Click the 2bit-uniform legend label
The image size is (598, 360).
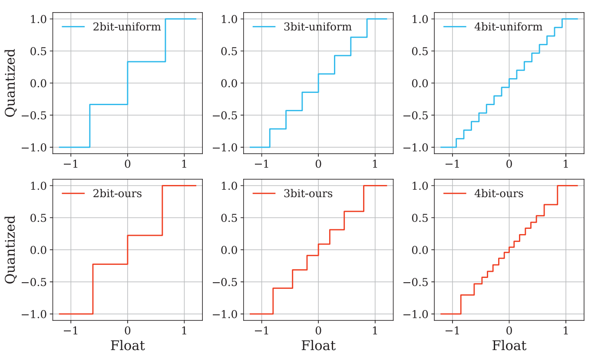127,27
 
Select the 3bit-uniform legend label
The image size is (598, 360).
317,27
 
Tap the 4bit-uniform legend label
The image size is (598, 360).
508,27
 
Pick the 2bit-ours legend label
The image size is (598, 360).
117,194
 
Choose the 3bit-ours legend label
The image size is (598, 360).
308,194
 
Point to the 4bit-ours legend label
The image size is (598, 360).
499,194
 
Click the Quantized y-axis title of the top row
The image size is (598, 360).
10,83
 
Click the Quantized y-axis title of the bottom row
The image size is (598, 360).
10,250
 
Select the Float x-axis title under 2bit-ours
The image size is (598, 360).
127,346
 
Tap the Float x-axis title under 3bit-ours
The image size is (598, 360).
318,346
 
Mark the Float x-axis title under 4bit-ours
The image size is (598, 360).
509,346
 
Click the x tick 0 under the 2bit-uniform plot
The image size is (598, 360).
127,165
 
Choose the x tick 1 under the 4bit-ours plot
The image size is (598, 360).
565,331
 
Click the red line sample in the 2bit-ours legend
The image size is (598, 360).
73,194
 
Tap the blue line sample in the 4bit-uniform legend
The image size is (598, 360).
454,27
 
